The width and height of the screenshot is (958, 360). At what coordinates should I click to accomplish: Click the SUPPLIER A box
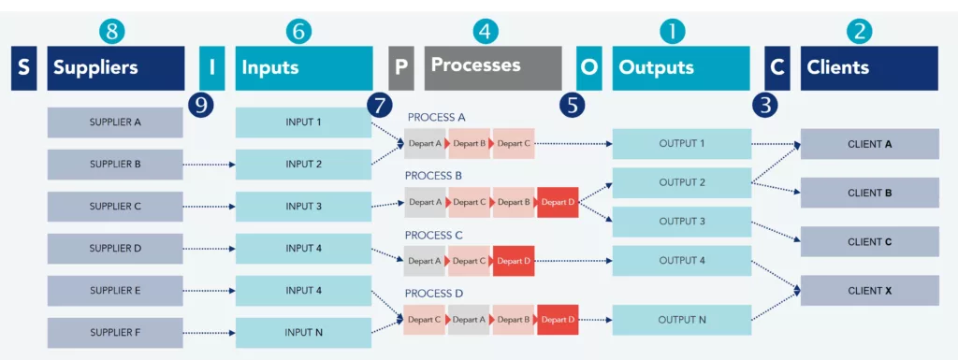115,122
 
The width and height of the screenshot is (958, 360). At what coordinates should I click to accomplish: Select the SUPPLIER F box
115,333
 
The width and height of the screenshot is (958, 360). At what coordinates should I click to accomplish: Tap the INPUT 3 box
304,207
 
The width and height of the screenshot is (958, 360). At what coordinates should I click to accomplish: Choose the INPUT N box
304,333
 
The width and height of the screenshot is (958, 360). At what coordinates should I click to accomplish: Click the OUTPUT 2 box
682,183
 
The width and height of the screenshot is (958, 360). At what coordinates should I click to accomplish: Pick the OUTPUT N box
682,320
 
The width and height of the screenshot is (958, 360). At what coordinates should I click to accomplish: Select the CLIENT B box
870,193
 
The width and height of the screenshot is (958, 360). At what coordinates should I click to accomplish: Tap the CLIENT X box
870,291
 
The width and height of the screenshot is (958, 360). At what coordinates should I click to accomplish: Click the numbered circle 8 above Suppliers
112,31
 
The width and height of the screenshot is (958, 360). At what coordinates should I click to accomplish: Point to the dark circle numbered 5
573,104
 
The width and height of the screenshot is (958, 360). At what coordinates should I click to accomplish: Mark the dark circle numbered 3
766,104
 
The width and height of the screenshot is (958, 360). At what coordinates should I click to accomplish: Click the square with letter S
24,68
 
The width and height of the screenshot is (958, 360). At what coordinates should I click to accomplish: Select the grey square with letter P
400,68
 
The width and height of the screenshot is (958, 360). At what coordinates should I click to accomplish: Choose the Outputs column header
681,68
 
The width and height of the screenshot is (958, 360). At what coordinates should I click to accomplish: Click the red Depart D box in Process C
514,261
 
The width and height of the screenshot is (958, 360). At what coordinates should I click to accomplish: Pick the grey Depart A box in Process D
470,320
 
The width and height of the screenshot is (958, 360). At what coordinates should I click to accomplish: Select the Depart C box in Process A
514,144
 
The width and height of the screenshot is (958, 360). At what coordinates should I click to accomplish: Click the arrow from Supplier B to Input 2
209,165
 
